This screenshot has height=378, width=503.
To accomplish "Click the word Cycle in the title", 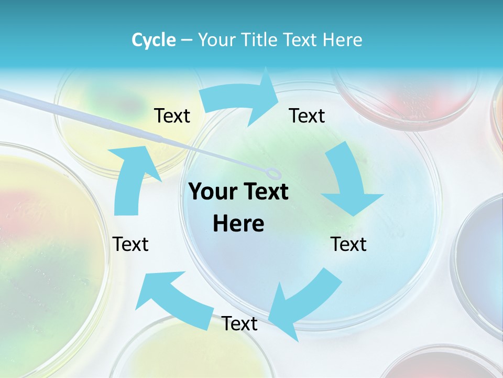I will [x=154, y=40].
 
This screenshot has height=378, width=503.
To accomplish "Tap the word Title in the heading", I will [x=260, y=40].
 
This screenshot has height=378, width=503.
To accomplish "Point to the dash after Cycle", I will [x=186, y=40].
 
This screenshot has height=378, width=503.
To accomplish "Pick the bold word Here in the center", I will [x=238, y=224].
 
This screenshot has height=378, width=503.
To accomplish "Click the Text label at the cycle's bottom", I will [x=239, y=324].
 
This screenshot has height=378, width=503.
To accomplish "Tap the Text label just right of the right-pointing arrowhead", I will [x=307, y=116].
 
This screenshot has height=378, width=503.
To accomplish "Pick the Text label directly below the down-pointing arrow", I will [x=348, y=244].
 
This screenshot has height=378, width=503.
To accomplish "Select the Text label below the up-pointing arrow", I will [x=131, y=244].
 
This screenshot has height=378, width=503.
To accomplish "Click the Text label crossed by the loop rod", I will [x=172, y=116].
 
